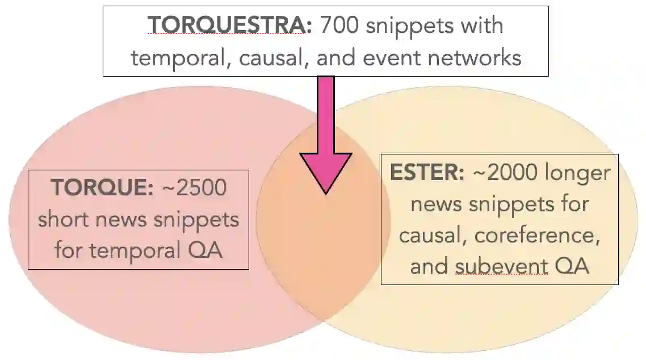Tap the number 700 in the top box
(339, 26)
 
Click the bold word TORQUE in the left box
(101, 187)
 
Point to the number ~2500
(194, 187)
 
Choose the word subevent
(502, 266)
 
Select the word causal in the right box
(431, 235)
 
